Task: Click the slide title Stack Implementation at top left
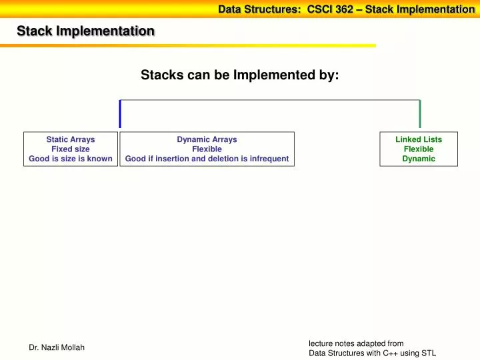[x=85, y=31]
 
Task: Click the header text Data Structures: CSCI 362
[x=285, y=9]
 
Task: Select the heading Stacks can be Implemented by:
[x=239, y=76]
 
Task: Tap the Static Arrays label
[x=70, y=139]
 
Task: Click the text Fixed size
[x=70, y=149]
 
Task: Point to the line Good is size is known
[x=70, y=159]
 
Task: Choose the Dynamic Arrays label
[x=207, y=139]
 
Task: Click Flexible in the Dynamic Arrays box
[x=207, y=149]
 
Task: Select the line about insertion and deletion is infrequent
[x=207, y=159]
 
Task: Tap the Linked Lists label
[x=418, y=139]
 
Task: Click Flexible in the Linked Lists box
[x=418, y=149]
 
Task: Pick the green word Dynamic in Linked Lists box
[x=418, y=159]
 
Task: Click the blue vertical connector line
[x=120, y=113]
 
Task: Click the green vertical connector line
[x=419, y=113]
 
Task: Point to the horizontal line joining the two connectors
[x=270, y=101]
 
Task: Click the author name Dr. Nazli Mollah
[x=57, y=347]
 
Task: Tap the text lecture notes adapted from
[x=356, y=343]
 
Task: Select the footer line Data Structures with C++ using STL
[x=372, y=353]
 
